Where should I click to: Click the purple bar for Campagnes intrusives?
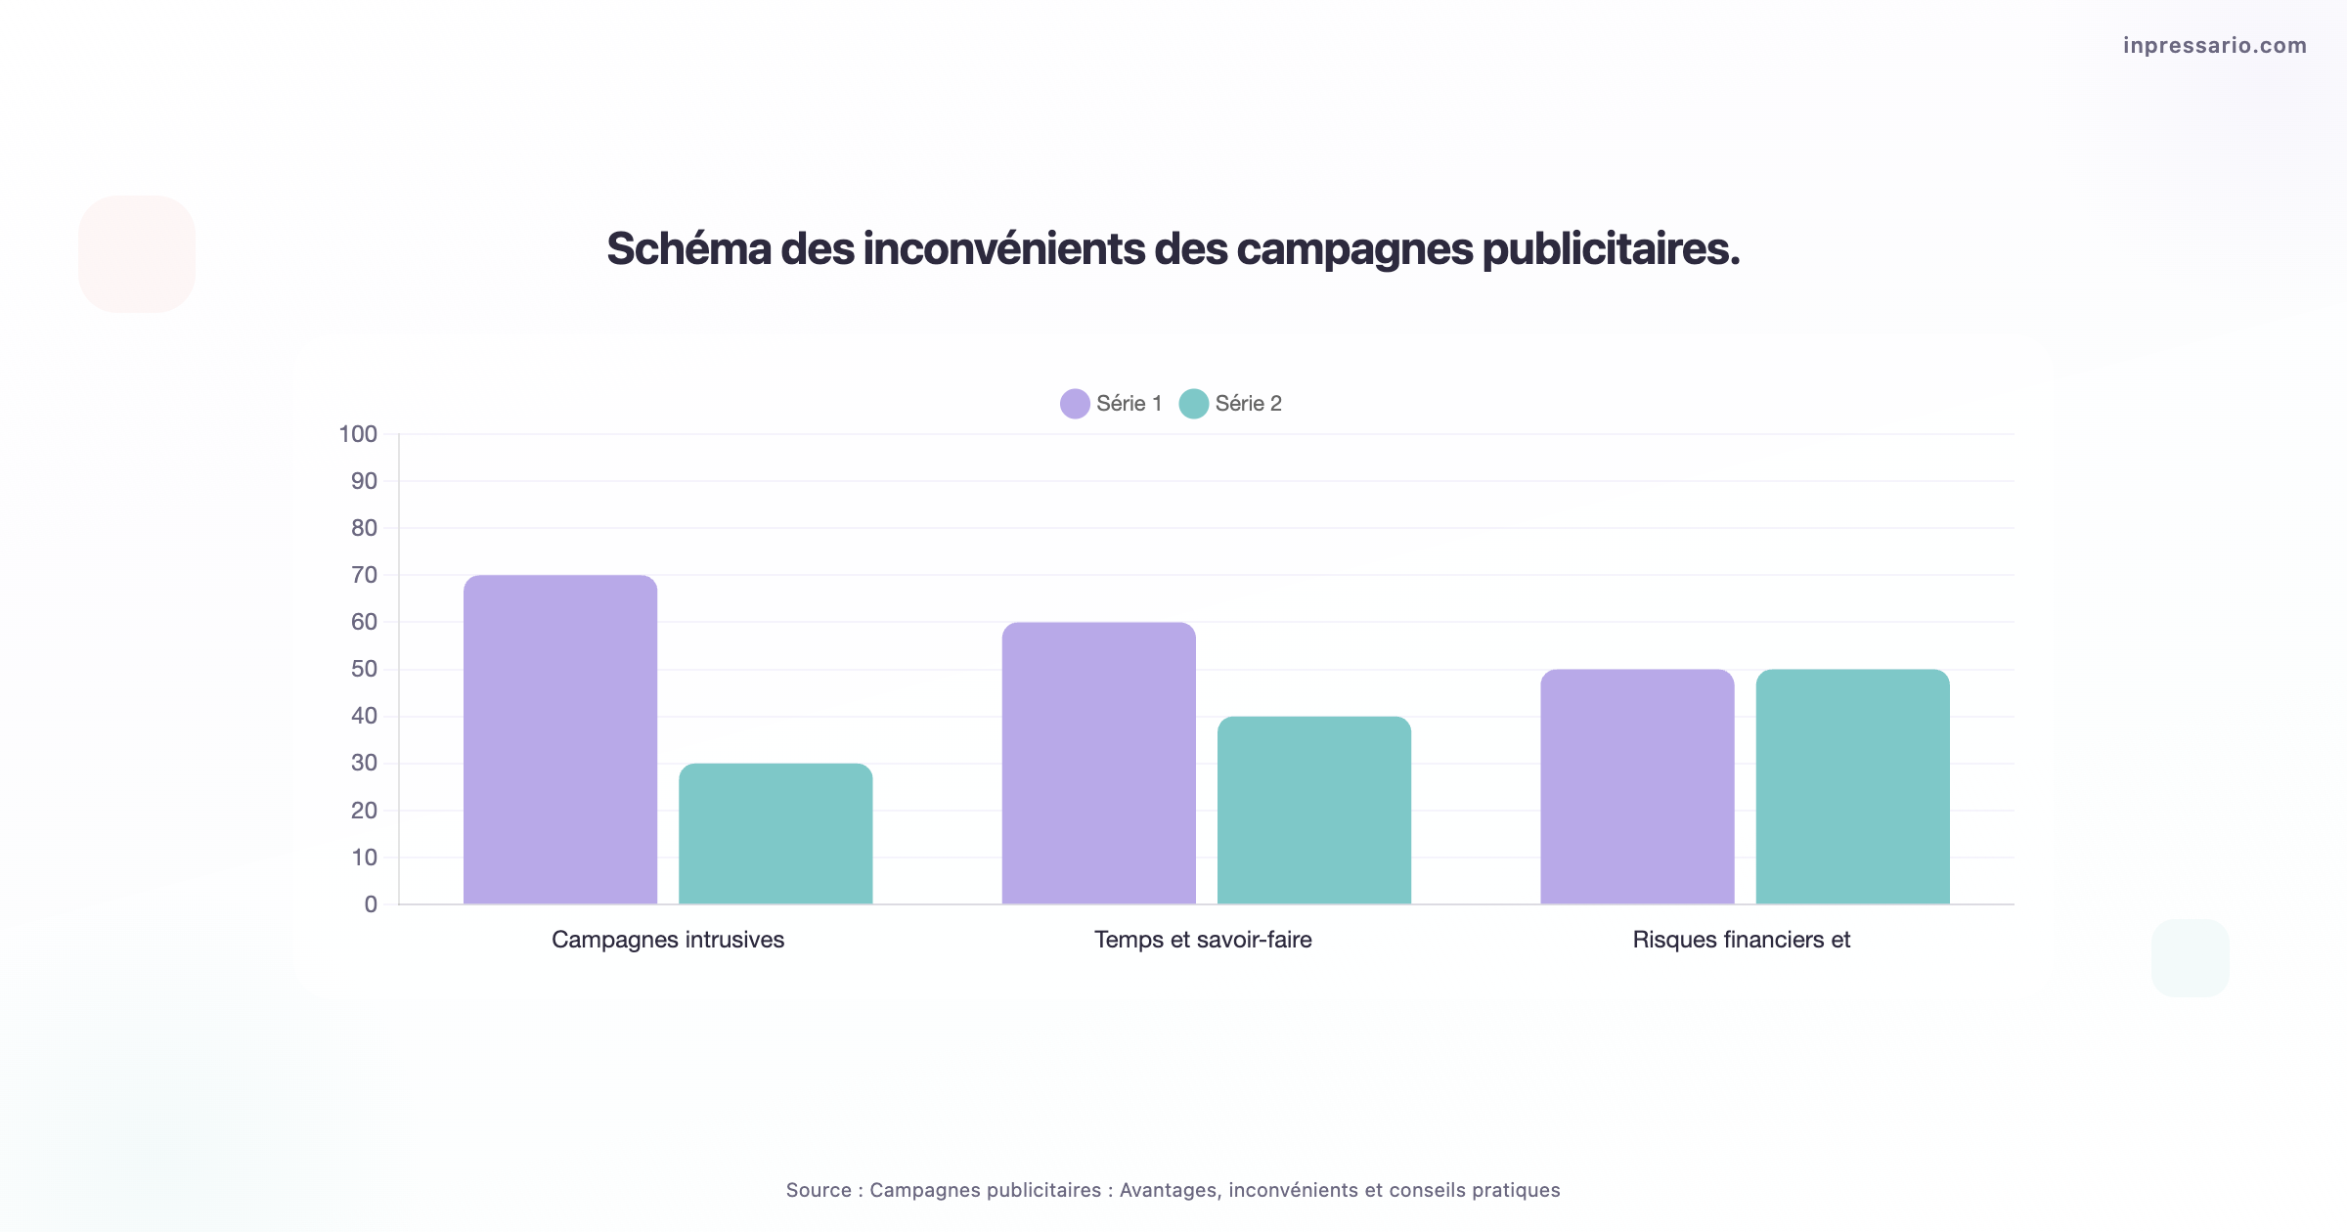point(560,739)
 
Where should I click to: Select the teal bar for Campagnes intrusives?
point(775,833)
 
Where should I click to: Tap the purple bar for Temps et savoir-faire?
point(1098,763)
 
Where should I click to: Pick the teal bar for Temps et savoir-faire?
point(1313,810)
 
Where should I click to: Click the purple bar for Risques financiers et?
point(1637,786)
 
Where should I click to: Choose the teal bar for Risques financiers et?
point(1852,786)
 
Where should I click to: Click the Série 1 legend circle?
point(1075,404)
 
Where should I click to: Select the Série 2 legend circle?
point(1193,404)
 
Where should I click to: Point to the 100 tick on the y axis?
point(358,434)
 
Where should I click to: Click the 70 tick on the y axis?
point(364,575)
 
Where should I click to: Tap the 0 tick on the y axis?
point(371,904)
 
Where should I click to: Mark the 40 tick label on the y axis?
point(364,716)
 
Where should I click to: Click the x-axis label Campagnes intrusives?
point(668,940)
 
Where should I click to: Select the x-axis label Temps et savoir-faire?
point(1203,940)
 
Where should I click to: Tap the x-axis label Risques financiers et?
point(1742,940)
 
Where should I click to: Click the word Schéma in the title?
point(689,248)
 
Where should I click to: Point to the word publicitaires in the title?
point(1610,248)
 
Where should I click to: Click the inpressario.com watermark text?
point(2214,45)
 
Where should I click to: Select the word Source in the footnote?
point(819,1190)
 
